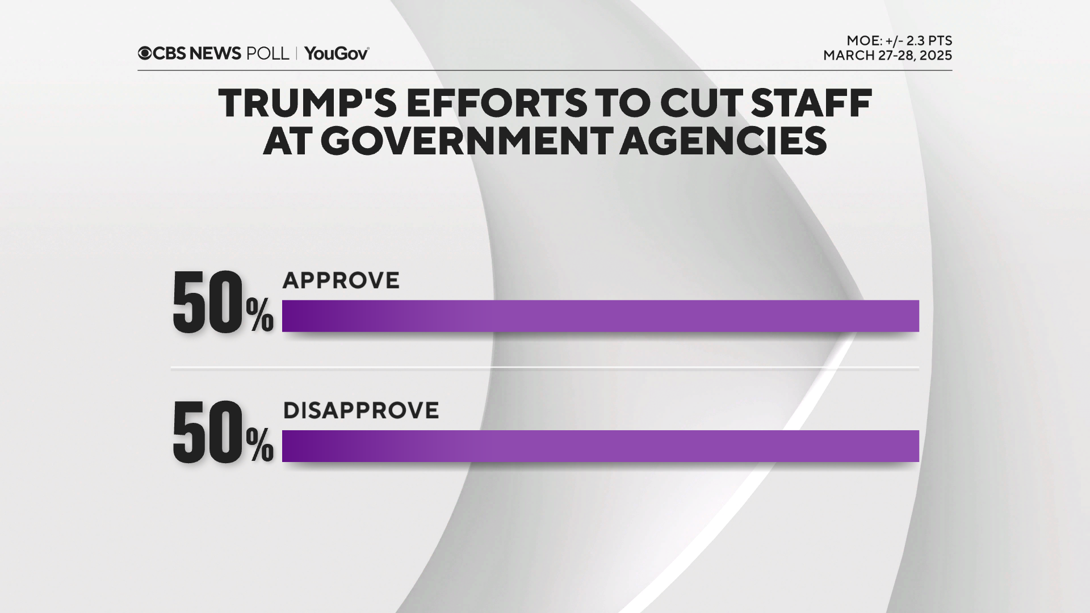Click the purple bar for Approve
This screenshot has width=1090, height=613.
(x=600, y=316)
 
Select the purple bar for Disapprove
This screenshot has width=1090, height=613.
(x=600, y=446)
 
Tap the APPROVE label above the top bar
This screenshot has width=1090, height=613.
(x=341, y=280)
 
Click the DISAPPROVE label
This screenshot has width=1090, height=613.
(x=361, y=410)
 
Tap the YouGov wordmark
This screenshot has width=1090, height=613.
(x=337, y=53)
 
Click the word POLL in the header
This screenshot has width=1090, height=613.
(x=267, y=53)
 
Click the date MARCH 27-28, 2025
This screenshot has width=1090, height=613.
(x=887, y=56)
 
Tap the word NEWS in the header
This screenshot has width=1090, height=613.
(x=215, y=53)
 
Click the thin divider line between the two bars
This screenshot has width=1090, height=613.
(x=545, y=368)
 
